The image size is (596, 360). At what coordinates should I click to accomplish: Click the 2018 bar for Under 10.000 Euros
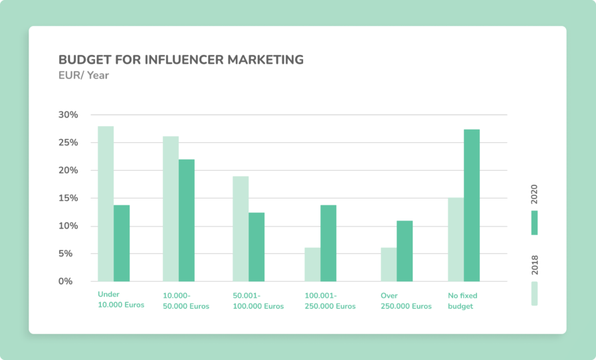click(106, 203)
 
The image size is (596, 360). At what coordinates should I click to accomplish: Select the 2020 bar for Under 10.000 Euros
click(122, 243)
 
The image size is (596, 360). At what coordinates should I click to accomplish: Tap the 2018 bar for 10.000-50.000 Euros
click(171, 209)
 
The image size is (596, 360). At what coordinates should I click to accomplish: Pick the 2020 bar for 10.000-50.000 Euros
click(187, 220)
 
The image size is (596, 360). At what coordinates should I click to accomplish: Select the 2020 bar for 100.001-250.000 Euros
click(328, 243)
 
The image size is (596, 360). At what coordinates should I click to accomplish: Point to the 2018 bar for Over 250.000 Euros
click(389, 264)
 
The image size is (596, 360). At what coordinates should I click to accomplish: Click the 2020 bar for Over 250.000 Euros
click(405, 251)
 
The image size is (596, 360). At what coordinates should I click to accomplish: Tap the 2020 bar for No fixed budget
click(472, 205)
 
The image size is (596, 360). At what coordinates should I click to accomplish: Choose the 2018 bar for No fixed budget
click(456, 239)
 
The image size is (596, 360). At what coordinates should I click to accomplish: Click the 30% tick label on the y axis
click(68, 115)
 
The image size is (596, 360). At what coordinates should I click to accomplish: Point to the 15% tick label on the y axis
click(68, 199)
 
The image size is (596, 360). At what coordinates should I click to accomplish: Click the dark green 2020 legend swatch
click(534, 223)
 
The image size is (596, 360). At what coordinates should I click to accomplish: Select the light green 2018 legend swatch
click(534, 293)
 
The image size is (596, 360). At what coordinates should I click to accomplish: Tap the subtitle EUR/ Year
click(84, 76)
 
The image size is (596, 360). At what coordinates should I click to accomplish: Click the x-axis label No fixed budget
click(463, 301)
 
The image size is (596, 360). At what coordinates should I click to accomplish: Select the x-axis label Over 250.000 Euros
click(406, 301)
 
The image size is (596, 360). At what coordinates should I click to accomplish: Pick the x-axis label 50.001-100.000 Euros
click(258, 301)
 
